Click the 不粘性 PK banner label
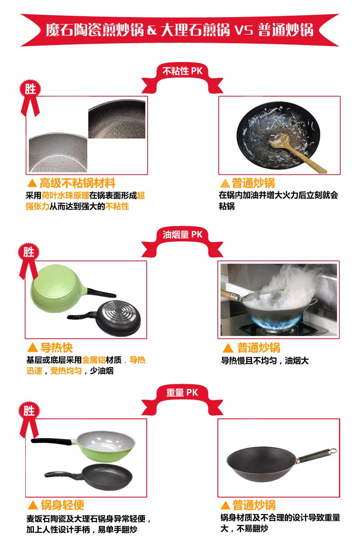[x=182, y=71]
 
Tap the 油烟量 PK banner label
[x=182, y=234]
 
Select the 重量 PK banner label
[x=182, y=392]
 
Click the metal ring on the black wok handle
[x=333, y=451]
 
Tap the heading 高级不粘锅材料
[x=77, y=183]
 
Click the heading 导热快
[x=56, y=347]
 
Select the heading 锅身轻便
[x=63, y=505]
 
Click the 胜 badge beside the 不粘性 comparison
[x=30, y=89]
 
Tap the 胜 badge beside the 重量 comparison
[x=29, y=411]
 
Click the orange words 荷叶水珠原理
[x=65, y=195]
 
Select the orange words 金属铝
[x=94, y=360]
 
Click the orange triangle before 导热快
[x=32, y=348]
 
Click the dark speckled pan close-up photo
[x=117, y=119]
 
